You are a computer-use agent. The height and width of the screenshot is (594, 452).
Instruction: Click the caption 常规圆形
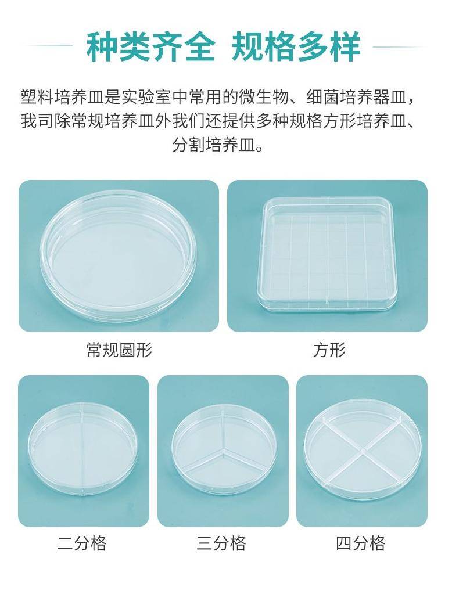click(x=119, y=350)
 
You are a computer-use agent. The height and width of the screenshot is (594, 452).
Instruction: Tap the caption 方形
click(x=329, y=350)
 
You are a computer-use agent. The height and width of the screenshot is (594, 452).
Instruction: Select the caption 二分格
click(x=82, y=543)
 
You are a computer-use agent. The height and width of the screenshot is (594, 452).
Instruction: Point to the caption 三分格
click(x=221, y=543)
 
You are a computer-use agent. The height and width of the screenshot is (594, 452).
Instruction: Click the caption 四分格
click(x=361, y=543)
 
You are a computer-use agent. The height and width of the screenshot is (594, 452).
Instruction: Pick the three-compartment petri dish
click(x=223, y=449)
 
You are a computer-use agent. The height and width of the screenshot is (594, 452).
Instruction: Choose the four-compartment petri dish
click(x=363, y=449)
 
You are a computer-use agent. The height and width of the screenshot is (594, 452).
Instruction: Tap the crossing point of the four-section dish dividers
click(x=363, y=451)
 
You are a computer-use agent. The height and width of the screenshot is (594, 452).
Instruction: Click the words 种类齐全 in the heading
click(x=150, y=47)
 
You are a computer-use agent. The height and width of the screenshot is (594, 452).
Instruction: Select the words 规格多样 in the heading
click(x=296, y=47)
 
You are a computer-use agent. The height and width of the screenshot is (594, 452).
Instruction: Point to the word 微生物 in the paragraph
click(x=263, y=97)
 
